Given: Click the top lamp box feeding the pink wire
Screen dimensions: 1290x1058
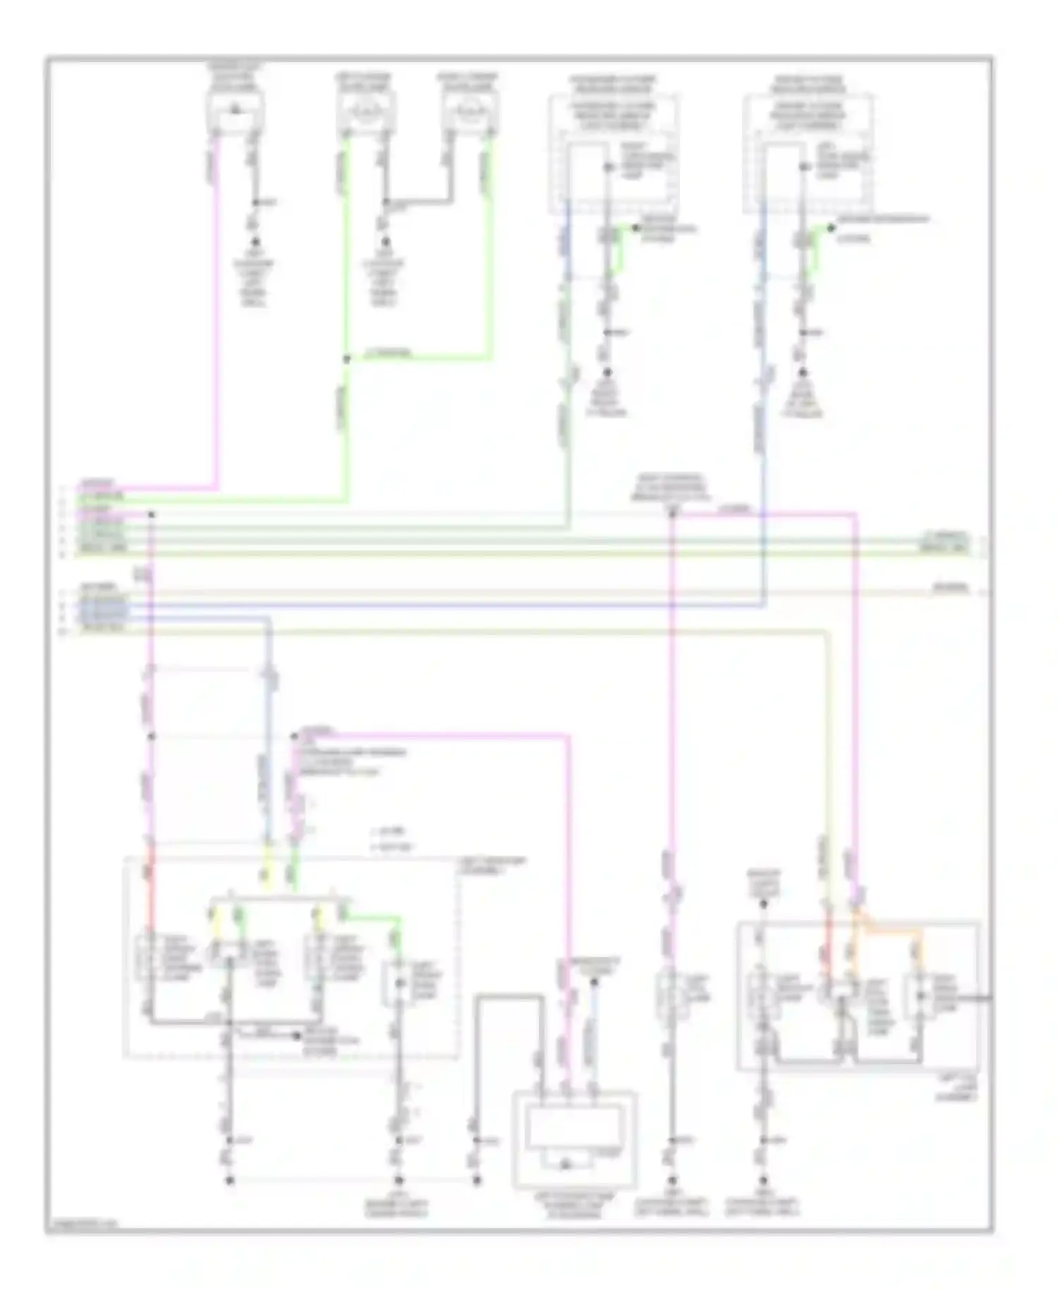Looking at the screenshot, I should pyautogui.click(x=234, y=111).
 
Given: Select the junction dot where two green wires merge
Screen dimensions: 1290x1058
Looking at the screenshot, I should pyautogui.click(x=346, y=359).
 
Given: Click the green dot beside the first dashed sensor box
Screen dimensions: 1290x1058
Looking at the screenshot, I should pyautogui.click(x=635, y=227).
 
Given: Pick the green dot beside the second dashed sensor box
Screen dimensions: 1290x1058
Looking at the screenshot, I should pyautogui.click(x=832, y=227).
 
